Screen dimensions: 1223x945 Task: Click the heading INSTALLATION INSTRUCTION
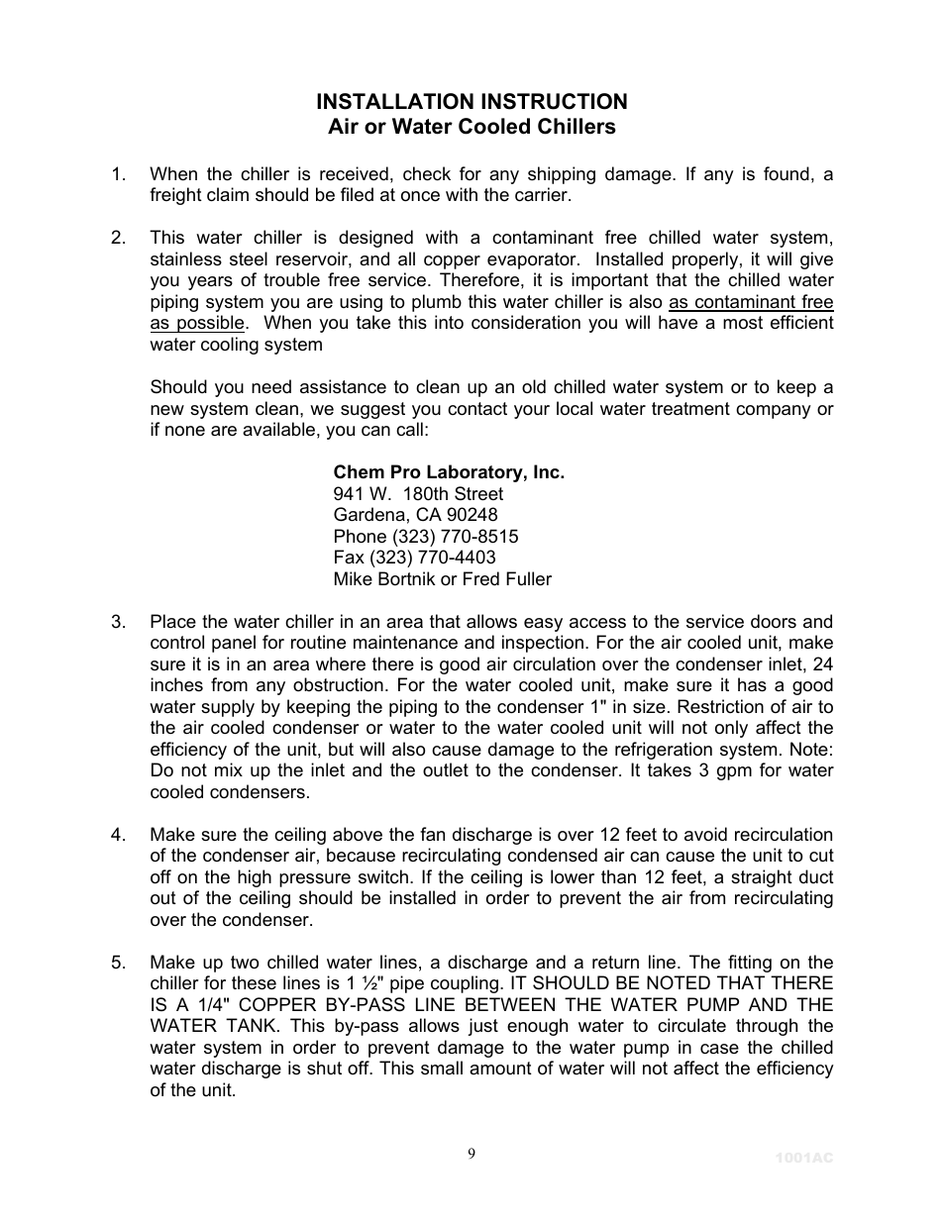[472, 102]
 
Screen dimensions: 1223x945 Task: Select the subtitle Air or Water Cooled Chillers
[472, 127]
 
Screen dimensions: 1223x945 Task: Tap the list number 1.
[118, 174]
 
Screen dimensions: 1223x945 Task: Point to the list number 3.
[118, 622]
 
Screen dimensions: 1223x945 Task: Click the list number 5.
[118, 963]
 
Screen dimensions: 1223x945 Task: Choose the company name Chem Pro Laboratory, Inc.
[449, 472]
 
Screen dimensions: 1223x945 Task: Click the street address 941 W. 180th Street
[418, 494]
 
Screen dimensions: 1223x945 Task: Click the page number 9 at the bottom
[472, 1153]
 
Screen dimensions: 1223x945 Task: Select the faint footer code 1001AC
[804, 1157]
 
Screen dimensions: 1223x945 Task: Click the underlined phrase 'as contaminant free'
[751, 302]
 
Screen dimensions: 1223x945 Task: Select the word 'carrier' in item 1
[540, 195]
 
